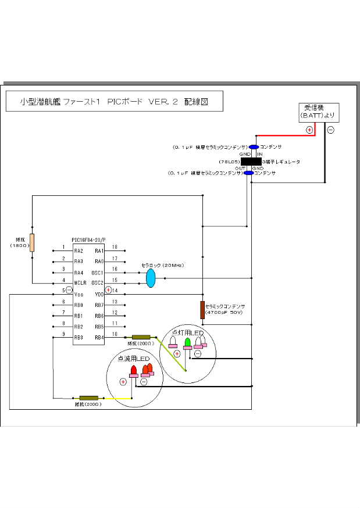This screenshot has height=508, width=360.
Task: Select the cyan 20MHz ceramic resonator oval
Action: (x=151, y=278)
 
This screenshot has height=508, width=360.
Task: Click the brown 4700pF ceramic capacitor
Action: (x=202, y=310)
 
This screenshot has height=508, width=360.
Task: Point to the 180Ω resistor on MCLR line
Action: (x=32, y=242)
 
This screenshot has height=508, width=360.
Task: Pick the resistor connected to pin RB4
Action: (x=141, y=337)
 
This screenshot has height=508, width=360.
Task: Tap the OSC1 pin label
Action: (x=97, y=273)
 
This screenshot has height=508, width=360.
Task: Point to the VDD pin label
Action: (x=99, y=294)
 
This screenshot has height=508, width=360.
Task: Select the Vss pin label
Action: (x=78, y=294)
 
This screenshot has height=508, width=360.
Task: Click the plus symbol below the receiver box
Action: (x=309, y=130)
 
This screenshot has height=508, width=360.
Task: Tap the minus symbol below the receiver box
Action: (x=330, y=130)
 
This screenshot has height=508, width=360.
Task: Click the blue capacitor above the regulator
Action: (x=254, y=147)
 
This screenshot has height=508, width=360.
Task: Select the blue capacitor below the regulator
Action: (x=249, y=173)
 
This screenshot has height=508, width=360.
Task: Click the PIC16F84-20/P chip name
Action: (x=88, y=239)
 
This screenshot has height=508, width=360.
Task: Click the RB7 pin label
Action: (x=98, y=305)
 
